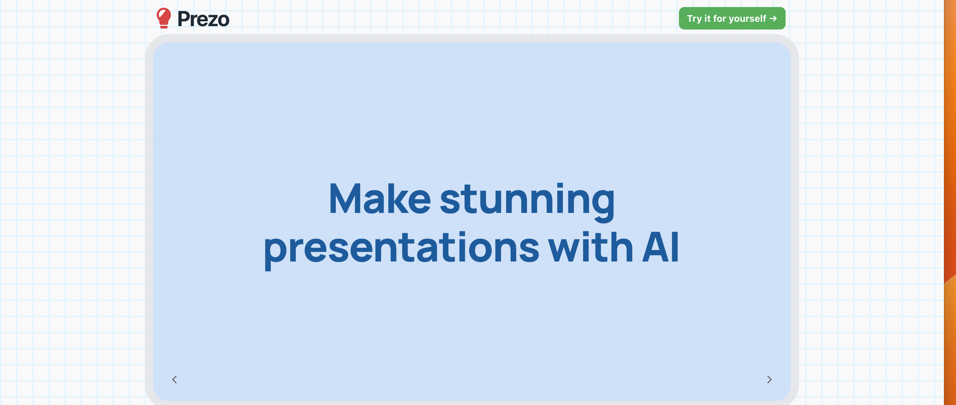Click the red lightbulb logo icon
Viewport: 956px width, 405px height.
pyautogui.click(x=164, y=17)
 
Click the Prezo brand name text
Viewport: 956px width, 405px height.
pyautogui.click(x=203, y=19)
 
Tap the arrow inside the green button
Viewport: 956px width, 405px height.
pyautogui.click(x=774, y=18)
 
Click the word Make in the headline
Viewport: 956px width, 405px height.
pyautogui.click(x=379, y=199)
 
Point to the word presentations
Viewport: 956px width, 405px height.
pyautogui.click(x=401, y=248)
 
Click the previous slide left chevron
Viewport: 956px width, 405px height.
pyautogui.click(x=174, y=379)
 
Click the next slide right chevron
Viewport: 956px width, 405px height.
pyautogui.click(x=769, y=379)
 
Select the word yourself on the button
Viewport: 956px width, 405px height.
pyautogui.click(x=747, y=18)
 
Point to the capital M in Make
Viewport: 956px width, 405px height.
pyautogui.click(x=345, y=199)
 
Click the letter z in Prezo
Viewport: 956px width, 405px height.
pyautogui.click(x=213, y=20)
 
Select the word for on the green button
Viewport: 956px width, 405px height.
pyautogui.click(x=719, y=18)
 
